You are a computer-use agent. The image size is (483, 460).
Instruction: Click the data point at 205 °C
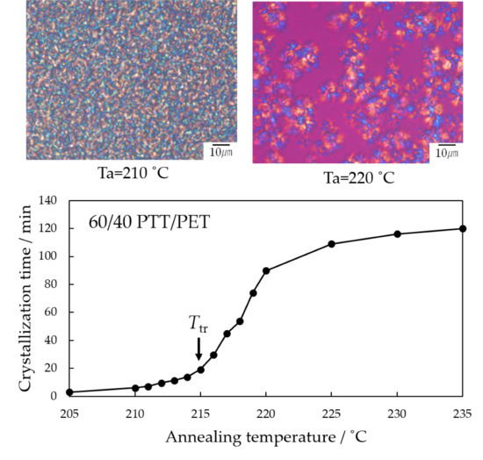coord(69,392)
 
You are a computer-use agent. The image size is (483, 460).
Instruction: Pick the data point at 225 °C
coord(332,243)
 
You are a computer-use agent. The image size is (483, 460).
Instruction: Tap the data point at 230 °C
coord(398,234)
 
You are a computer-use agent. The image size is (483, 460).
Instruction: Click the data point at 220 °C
coord(266,270)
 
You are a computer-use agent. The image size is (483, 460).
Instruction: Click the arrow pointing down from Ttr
coord(199,349)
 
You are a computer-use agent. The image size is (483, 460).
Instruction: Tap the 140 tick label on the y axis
coord(47,201)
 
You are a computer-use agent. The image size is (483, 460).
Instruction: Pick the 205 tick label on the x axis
coord(69,413)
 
